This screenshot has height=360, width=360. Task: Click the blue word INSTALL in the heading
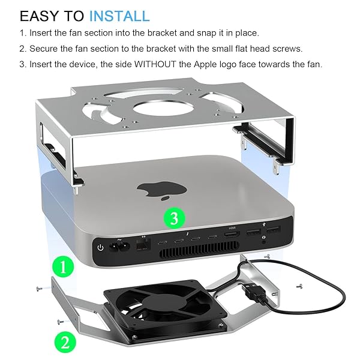(119, 16)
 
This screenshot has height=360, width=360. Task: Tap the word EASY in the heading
(40, 16)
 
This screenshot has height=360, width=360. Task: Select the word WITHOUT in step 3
(155, 64)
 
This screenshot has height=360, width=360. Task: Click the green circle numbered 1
(63, 267)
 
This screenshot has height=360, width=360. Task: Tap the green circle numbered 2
(65, 343)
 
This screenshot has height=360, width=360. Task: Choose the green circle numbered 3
(174, 218)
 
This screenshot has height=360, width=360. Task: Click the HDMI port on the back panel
(232, 235)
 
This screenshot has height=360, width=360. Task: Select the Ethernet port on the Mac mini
(143, 245)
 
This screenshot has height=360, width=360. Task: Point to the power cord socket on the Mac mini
(119, 247)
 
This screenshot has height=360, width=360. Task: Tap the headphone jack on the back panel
(264, 242)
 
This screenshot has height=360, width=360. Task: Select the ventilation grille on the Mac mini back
(199, 249)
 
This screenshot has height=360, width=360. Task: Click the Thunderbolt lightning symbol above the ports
(188, 234)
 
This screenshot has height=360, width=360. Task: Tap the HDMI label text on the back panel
(232, 228)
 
